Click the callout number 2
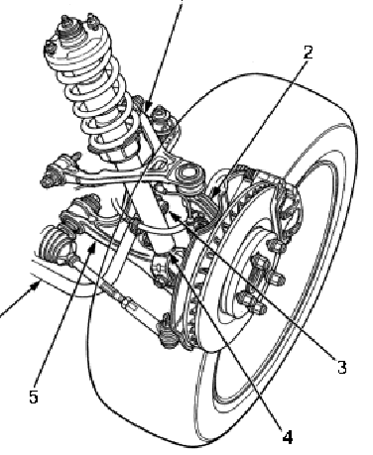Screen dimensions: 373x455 click(308, 53)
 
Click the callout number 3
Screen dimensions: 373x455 click(342, 367)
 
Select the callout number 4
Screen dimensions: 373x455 click(288, 437)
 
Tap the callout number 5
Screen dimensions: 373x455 click(34, 396)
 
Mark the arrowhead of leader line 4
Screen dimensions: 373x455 click(175, 258)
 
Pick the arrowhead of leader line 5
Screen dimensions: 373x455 click(93, 247)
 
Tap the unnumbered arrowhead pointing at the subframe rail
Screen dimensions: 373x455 click(37, 284)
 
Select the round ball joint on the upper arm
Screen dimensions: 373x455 click(190, 176)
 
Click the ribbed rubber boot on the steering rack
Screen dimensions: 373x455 click(55, 245)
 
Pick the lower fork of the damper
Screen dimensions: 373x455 click(162, 265)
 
